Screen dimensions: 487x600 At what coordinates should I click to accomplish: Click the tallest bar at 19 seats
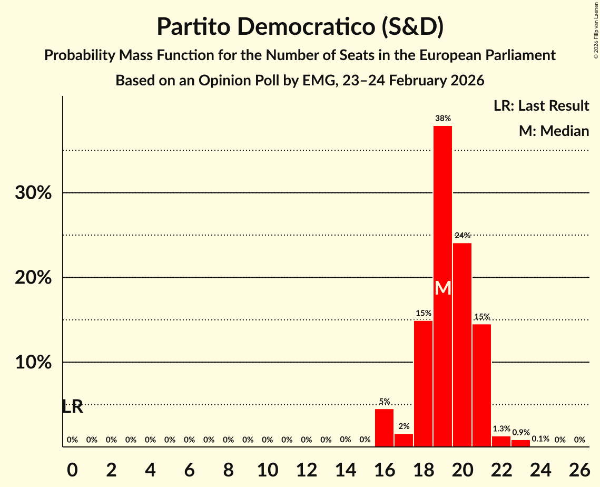tap(442, 211)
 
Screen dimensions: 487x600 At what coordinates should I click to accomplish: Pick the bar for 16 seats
tap(384, 427)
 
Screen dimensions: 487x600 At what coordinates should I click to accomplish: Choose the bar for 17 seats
tap(404, 440)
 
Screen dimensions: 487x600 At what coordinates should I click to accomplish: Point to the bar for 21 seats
tap(481, 385)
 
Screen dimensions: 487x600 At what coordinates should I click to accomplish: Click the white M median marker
tap(443, 288)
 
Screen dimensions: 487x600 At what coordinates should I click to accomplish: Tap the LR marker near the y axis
tap(72, 407)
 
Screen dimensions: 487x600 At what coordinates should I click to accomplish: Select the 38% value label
tap(442, 119)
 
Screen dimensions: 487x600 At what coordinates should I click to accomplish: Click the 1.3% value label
tap(501, 429)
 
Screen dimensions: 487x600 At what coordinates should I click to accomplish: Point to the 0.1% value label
tap(540, 439)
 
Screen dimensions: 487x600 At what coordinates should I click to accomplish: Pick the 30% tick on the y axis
tap(33, 193)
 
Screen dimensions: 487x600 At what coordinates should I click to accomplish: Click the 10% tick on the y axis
tap(33, 363)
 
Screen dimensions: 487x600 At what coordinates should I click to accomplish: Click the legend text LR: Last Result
tap(541, 106)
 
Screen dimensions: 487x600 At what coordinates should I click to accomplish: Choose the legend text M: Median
tap(554, 131)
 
